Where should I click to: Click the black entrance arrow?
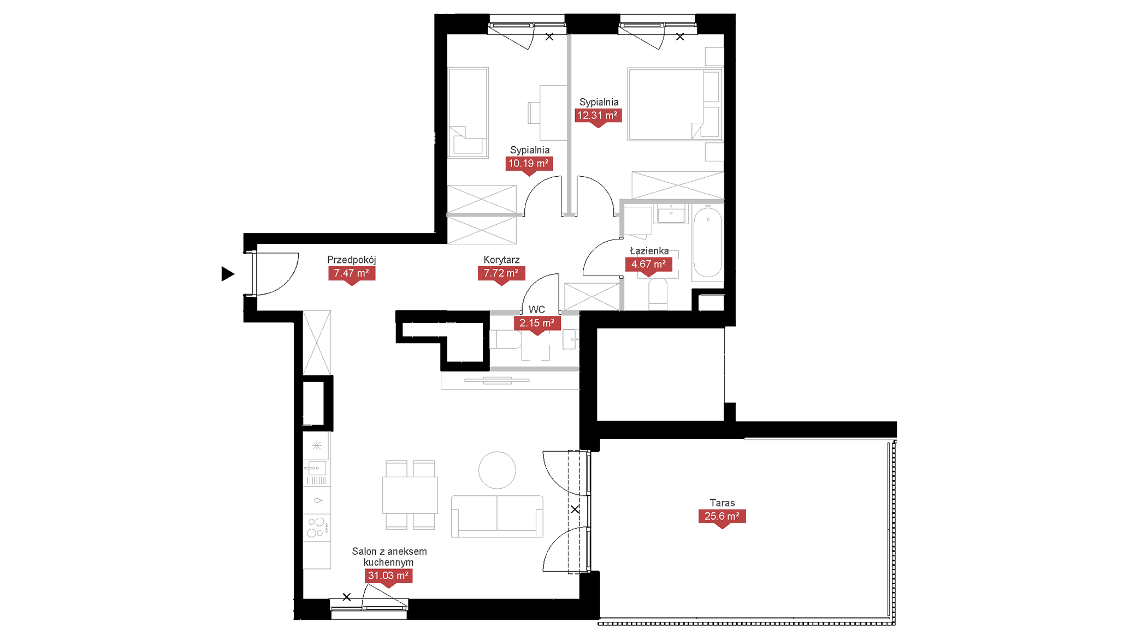[x=227, y=273]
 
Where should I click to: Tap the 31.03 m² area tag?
[x=388, y=576]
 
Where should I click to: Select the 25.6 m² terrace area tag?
[x=722, y=517]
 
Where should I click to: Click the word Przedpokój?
[x=352, y=260]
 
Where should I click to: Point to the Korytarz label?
[x=501, y=260]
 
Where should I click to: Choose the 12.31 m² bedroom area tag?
[x=598, y=116]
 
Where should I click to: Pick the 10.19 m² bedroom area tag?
[x=529, y=164]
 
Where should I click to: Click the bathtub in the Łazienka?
[x=708, y=243]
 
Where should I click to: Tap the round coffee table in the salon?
[x=497, y=470]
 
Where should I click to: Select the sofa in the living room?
[x=497, y=517]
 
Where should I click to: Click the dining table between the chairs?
[x=410, y=495]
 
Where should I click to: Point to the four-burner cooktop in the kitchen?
[x=317, y=528]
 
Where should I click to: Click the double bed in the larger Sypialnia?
[x=675, y=104]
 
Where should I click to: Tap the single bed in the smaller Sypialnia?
[x=468, y=113]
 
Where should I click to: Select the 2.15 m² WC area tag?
[x=537, y=324]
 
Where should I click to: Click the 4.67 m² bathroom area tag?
[x=649, y=265]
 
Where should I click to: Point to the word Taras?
[x=722, y=503]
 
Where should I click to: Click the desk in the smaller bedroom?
[x=553, y=113]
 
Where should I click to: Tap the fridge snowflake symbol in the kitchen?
[x=317, y=446]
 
